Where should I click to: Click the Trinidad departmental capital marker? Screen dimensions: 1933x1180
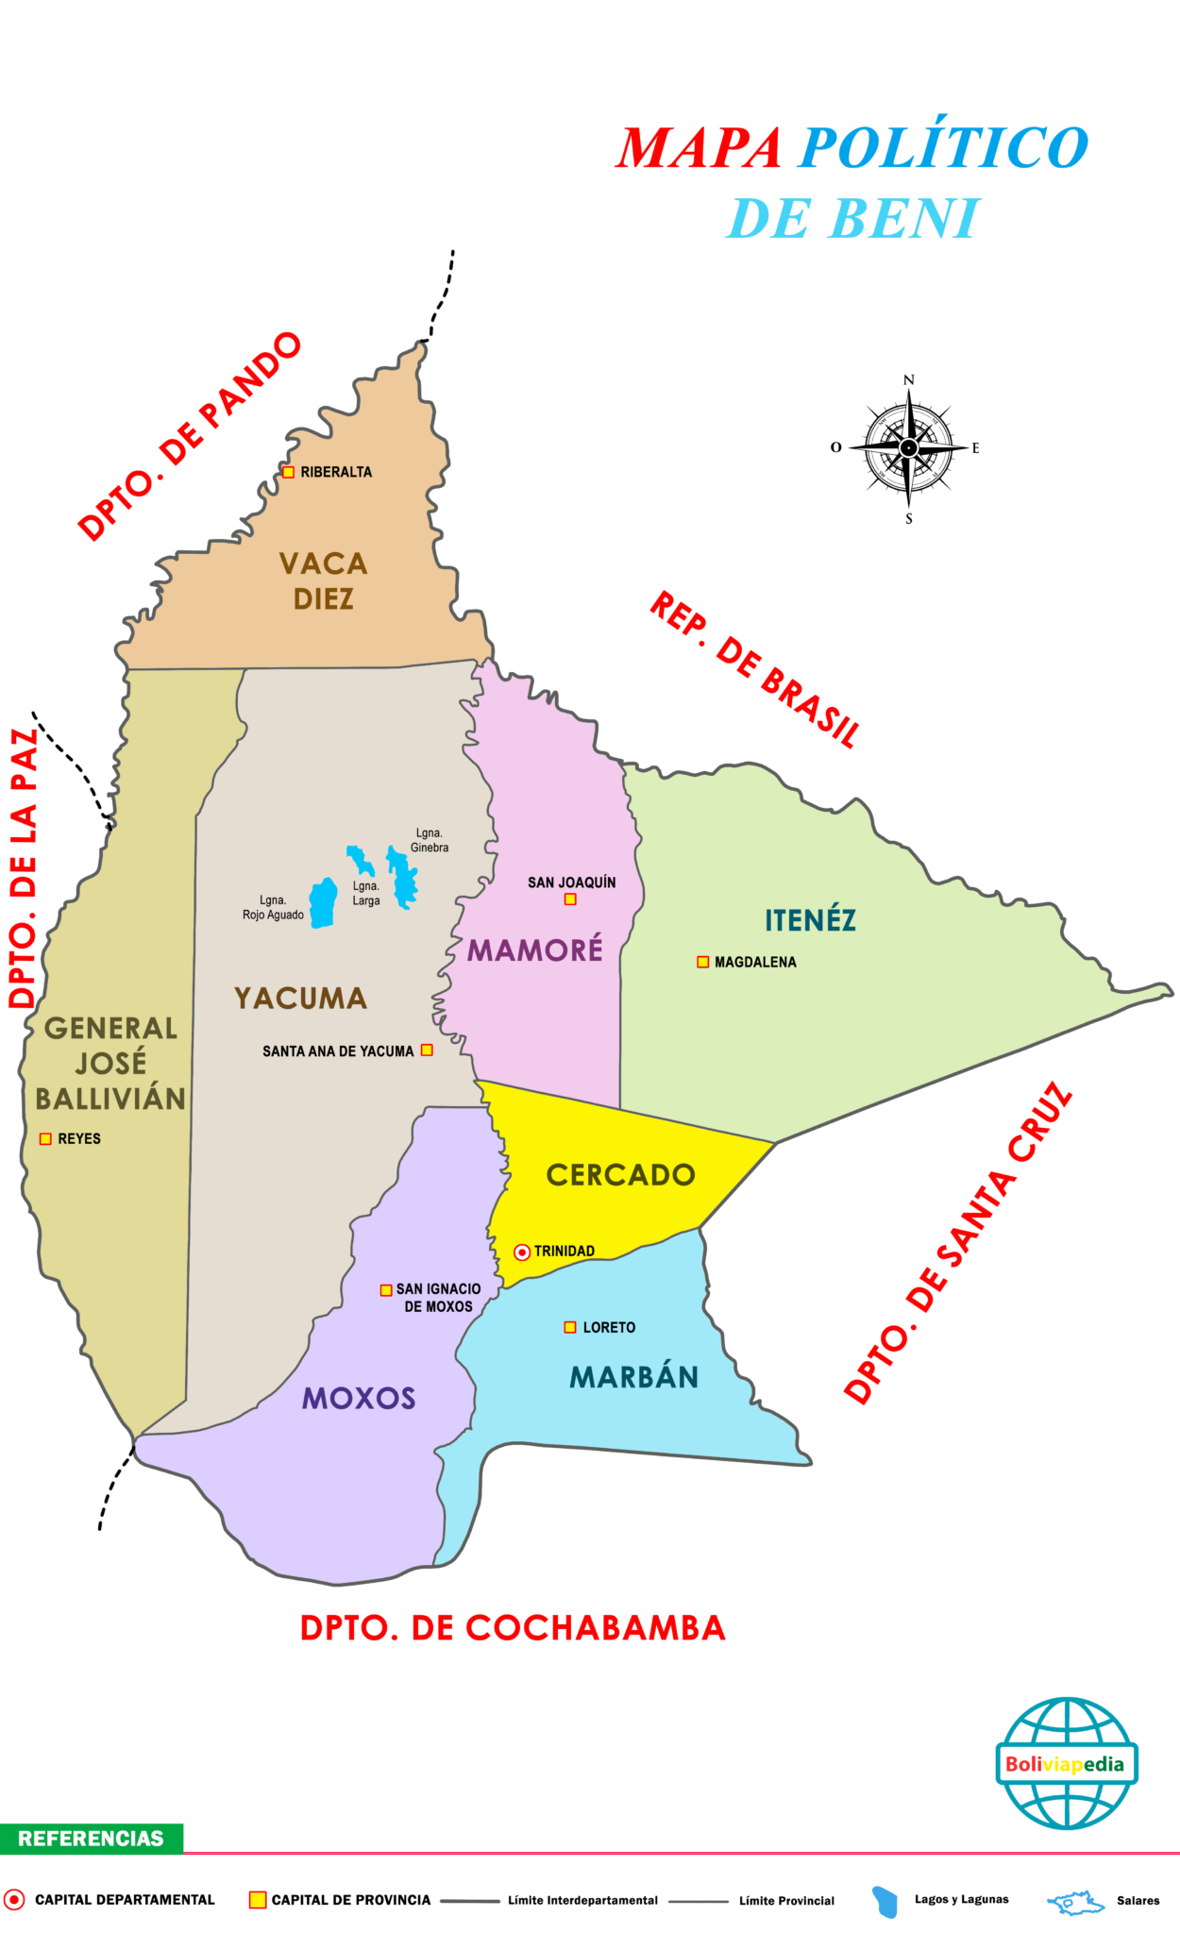[522, 1252]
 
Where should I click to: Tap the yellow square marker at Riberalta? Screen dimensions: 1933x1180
[289, 472]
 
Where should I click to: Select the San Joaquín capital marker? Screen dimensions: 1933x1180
[570, 899]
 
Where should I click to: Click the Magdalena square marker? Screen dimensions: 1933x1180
[702, 962]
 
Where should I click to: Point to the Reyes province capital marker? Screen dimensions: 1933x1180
[45, 1139]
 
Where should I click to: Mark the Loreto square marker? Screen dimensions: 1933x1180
[570, 1327]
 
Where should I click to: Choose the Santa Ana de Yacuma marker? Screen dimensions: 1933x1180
[427, 1051]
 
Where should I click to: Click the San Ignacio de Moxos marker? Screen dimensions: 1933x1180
[386, 1290]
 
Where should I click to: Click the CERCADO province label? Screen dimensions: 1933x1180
[621, 1175]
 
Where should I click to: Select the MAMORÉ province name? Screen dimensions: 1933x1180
[535, 950]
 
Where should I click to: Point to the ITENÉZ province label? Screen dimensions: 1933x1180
[810, 920]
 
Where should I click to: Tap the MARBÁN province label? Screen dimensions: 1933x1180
[633, 1378]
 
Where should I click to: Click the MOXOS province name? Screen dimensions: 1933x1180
[359, 1399]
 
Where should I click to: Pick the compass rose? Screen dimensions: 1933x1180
[908, 448]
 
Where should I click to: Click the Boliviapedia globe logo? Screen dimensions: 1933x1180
[1067, 1763]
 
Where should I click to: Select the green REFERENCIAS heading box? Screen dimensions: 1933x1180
[91, 1839]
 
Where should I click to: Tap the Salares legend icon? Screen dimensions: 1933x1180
[1076, 1900]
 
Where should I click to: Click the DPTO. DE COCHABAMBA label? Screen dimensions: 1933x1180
[513, 1628]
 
